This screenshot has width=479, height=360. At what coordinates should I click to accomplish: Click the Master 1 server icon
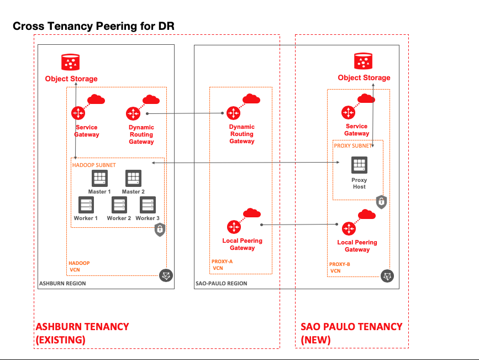[99, 179]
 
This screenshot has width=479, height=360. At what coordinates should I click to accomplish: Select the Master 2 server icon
[133, 179]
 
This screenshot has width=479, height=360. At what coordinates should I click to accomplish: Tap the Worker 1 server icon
[86, 205]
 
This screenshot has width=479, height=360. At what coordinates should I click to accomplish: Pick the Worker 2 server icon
[119, 205]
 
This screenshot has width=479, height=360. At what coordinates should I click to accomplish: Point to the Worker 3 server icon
[148, 205]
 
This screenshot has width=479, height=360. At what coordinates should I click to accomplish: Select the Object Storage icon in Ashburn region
[70, 62]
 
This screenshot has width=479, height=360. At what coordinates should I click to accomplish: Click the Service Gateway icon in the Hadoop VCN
[78, 113]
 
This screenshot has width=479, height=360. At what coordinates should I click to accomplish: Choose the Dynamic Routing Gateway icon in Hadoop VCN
[133, 113]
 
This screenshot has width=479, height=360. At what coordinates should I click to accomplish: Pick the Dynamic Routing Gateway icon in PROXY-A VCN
[234, 113]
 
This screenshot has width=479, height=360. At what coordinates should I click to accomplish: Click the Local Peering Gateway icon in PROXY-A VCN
[234, 226]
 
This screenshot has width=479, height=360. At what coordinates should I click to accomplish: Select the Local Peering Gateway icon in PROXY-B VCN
[349, 228]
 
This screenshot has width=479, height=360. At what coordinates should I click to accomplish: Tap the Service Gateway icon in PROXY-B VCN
[348, 112]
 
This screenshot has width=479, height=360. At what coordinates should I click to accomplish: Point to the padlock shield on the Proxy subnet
[381, 202]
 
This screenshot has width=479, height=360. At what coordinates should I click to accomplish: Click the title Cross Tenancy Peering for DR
[93, 26]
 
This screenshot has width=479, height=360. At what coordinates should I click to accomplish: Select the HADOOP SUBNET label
[94, 165]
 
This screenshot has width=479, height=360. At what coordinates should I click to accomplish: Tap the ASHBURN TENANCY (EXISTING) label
[82, 333]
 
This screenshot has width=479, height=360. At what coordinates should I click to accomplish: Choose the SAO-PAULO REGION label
[222, 284]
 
